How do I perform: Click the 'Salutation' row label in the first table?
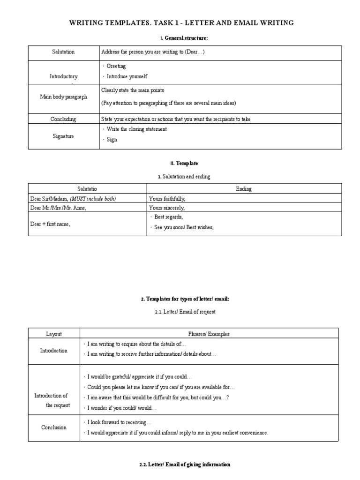point(63,52)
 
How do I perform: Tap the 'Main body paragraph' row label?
point(63,97)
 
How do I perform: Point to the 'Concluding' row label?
point(63,119)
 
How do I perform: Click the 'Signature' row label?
point(63,136)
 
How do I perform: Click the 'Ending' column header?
point(244,189)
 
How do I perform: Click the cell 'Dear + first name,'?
point(50,224)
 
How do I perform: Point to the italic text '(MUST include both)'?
point(93,199)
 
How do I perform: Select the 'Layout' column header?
point(54,334)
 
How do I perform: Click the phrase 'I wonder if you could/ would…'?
point(122,408)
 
